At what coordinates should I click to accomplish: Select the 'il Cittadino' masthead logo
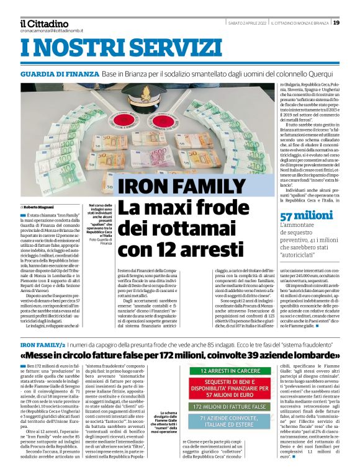coord(44,23)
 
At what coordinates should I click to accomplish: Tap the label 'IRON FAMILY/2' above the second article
coord(41,344)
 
